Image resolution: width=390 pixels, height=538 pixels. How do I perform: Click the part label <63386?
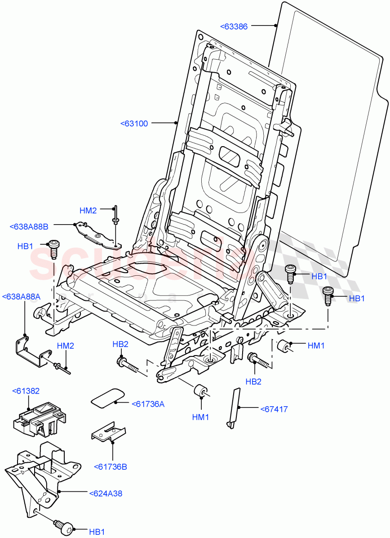[x=234, y=26]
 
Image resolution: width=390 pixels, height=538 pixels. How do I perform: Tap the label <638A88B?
[x=29, y=227]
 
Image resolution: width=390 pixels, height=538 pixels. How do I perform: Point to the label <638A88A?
[x=21, y=296]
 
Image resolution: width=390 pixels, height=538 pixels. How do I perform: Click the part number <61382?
[x=26, y=391]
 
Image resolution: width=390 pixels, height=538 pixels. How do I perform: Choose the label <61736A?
[x=148, y=404]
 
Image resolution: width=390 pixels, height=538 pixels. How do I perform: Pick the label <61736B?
[x=110, y=467]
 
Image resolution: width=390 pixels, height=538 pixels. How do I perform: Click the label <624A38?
[x=106, y=493]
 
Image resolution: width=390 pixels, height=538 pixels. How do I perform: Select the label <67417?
[x=274, y=409]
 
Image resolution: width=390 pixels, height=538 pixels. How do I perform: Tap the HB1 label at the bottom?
[x=97, y=532]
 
